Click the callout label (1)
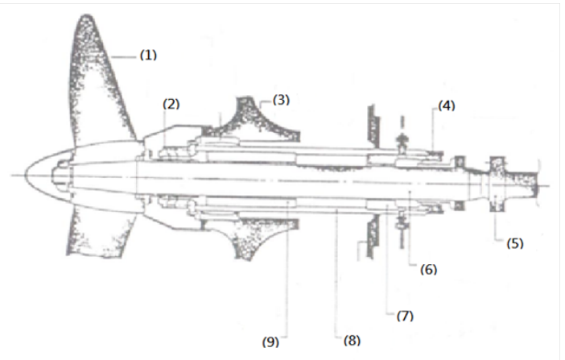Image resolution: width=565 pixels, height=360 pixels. point(148,56)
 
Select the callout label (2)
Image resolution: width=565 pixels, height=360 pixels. point(171,104)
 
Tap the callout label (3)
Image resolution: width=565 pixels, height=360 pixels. point(281,100)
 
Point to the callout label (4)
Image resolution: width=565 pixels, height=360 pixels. point(447,106)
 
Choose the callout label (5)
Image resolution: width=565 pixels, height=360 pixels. point(515,243)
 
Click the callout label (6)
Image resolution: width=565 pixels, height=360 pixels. point(428,270)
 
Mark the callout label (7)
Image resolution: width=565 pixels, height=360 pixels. point(405,316)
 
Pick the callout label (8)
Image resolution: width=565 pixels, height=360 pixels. point(352,341)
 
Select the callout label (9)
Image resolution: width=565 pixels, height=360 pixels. point(270,341)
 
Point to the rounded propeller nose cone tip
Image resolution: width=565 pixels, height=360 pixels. point(26,176)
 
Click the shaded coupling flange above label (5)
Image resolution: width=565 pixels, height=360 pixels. point(497,184)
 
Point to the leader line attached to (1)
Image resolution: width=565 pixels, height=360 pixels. point(124,57)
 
